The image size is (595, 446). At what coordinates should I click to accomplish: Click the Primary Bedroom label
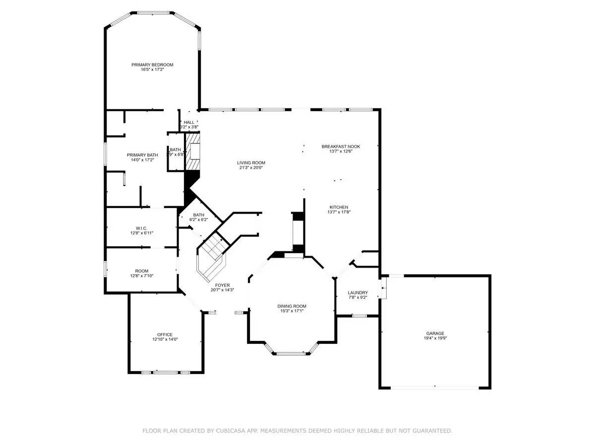point(152,65)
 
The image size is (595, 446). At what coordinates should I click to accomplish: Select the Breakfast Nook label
point(341,146)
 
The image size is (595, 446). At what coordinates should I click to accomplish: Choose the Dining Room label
point(292,306)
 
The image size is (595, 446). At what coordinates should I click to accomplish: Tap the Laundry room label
point(357,292)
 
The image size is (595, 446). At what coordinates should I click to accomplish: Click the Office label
point(165,334)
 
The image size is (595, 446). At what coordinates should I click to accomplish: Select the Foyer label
point(222,285)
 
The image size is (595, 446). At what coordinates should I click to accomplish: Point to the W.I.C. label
point(142,228)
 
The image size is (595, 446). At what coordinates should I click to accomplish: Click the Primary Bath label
point(142,155)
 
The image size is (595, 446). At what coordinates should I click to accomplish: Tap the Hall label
point(189,122)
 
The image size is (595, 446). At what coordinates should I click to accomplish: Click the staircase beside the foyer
point(212,255)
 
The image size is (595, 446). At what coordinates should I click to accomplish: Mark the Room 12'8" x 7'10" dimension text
point(142,276)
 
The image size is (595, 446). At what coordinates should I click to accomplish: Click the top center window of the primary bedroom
point(153,13)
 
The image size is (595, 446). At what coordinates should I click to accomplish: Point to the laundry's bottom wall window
point(358,316)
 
